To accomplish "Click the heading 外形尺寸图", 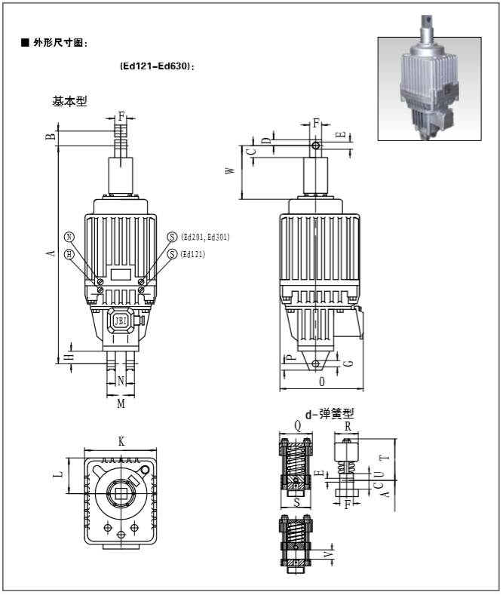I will tap(60, 43).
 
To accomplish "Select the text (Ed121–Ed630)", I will tap(158, 66).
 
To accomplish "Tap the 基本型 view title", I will tap(69, 101).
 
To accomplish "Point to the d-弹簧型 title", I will tap(329, 413).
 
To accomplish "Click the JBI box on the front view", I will tap(121, 321).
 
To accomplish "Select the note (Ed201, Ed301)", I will tap(205, 237).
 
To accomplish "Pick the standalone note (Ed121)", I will tap(193, 254).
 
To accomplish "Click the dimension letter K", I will tap(121, 440).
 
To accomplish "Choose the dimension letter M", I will tap(121, 404).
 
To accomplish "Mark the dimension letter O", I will tap(322, 382).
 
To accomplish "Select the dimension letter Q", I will tap(297, 426).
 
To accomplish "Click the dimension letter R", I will tap(347, 426).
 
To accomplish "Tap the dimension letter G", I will tap(348, 363).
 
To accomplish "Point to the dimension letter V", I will tap(327, 555).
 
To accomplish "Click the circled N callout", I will tap(69, 237).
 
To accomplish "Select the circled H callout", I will tap(69, 254).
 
